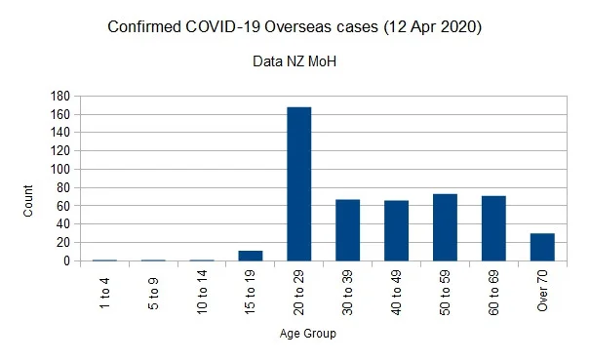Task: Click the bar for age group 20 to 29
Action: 299,183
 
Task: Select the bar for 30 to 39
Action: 348,230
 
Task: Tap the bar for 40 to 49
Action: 396,230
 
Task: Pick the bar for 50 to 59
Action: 445,227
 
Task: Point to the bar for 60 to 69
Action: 493,228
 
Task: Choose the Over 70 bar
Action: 542,247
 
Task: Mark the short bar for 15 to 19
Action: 251,256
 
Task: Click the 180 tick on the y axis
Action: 60,96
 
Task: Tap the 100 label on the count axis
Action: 60,169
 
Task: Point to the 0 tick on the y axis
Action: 66,260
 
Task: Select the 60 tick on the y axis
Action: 63,206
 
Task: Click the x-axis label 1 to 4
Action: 104,293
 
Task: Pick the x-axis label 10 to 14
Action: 202,292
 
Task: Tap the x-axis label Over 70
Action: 542,291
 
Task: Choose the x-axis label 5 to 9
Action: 153,294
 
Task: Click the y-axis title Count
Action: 28,201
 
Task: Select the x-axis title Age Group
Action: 308,334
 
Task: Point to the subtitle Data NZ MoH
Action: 295,61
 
